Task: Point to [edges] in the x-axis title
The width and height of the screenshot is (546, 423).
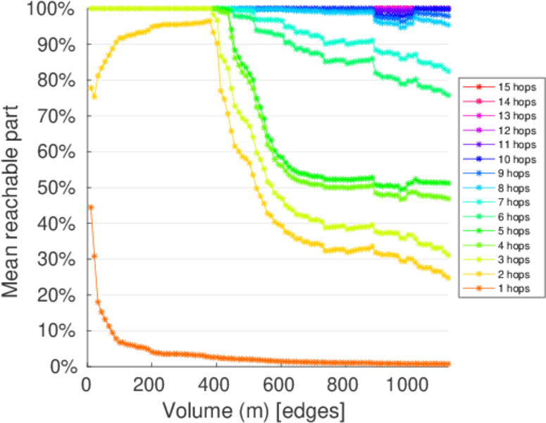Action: (x=314, y=410)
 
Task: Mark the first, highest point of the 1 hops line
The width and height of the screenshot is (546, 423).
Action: (x=91, y=207)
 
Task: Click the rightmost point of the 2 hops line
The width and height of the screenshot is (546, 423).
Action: (x=447, y=278)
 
